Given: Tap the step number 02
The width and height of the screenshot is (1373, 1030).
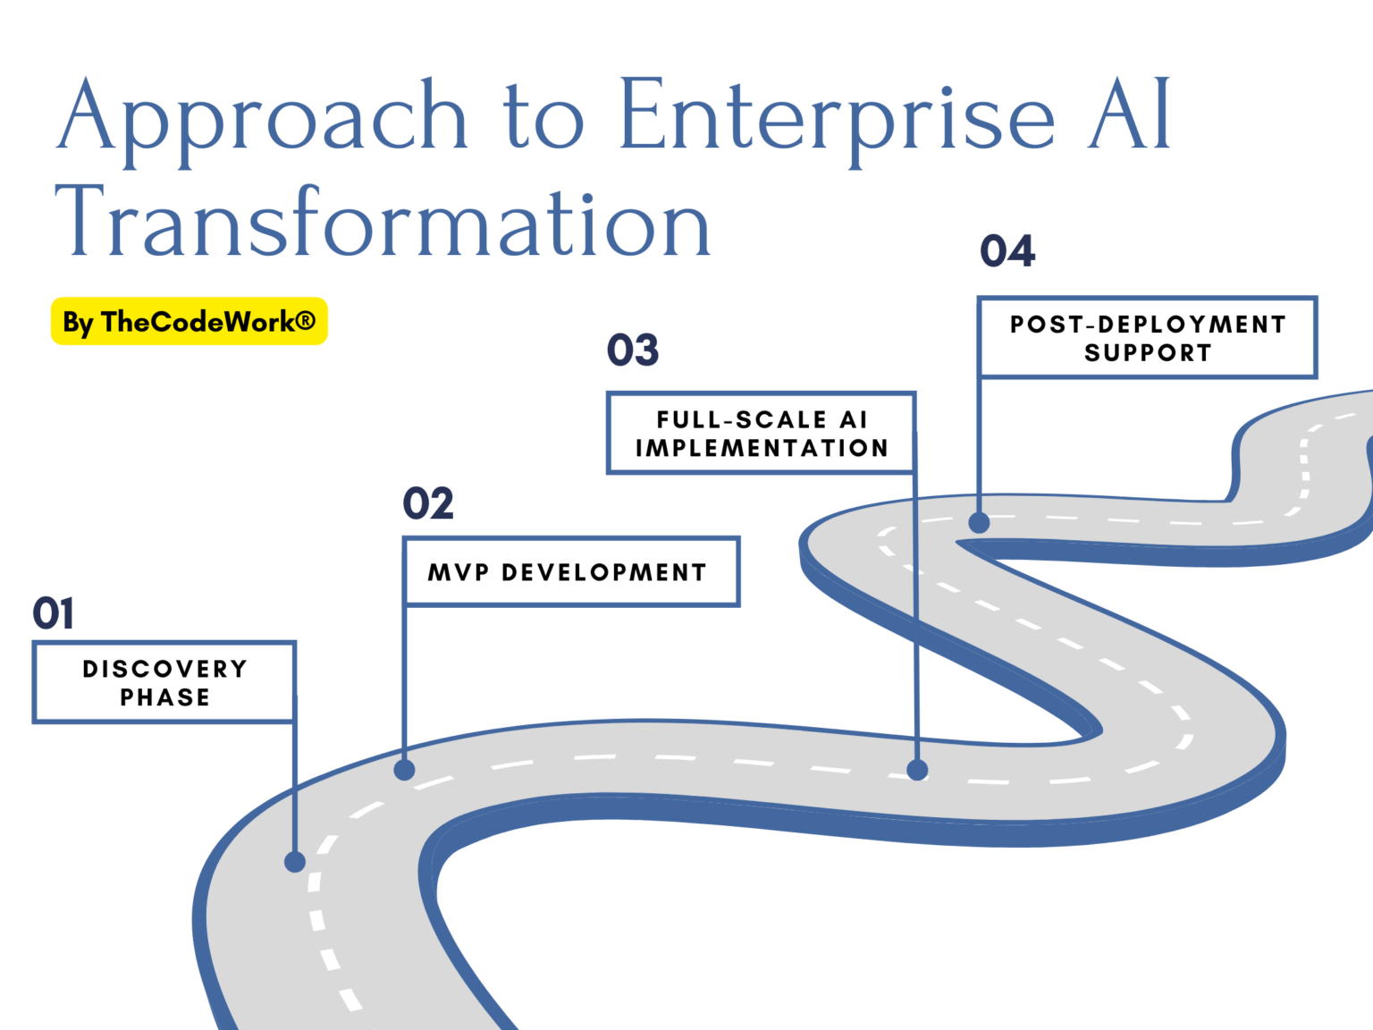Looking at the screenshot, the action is pos(428,503).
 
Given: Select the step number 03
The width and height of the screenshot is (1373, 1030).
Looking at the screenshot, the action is pos(632,350).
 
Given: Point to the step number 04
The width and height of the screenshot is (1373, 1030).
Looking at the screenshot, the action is pos(1007,250).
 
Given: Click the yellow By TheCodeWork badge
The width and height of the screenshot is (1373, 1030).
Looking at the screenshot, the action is pos(189,322).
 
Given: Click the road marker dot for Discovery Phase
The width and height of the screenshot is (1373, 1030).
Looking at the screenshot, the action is pos(295,862).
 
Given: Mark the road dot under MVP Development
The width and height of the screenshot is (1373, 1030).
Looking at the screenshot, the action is pos(405,770).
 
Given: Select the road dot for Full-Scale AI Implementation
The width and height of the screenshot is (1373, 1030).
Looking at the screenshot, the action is pos(917,770).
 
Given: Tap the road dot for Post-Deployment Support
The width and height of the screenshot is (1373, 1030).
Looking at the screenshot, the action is pos(979,523).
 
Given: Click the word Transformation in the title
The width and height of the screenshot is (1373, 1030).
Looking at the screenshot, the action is pos(383,222).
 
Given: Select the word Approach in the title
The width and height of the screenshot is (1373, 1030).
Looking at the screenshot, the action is pos(262,122).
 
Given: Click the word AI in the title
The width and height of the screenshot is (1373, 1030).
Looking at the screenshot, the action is pos(1130,114).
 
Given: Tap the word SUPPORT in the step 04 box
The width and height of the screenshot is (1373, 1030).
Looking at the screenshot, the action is pos(1148,352).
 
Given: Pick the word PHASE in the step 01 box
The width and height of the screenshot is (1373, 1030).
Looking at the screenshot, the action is pos(165,697).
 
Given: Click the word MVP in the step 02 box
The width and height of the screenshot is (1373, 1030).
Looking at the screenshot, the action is pos(459,572).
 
